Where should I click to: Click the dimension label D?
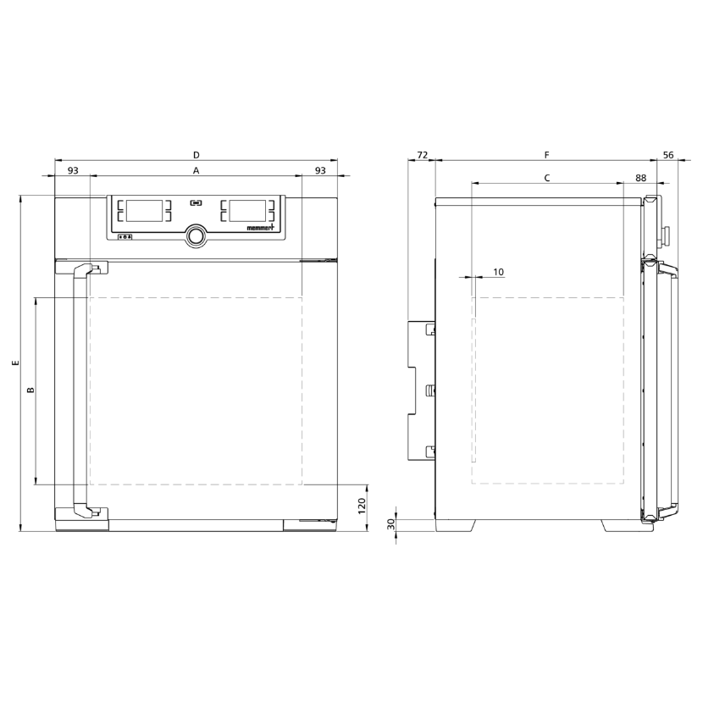196,155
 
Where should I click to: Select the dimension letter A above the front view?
196,170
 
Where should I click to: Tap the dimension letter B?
30,390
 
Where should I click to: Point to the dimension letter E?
16,363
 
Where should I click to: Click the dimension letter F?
546,155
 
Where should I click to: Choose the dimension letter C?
546,178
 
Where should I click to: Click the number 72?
423,155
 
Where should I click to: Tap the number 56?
668,155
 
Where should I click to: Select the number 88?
640,178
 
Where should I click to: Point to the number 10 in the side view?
498,272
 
